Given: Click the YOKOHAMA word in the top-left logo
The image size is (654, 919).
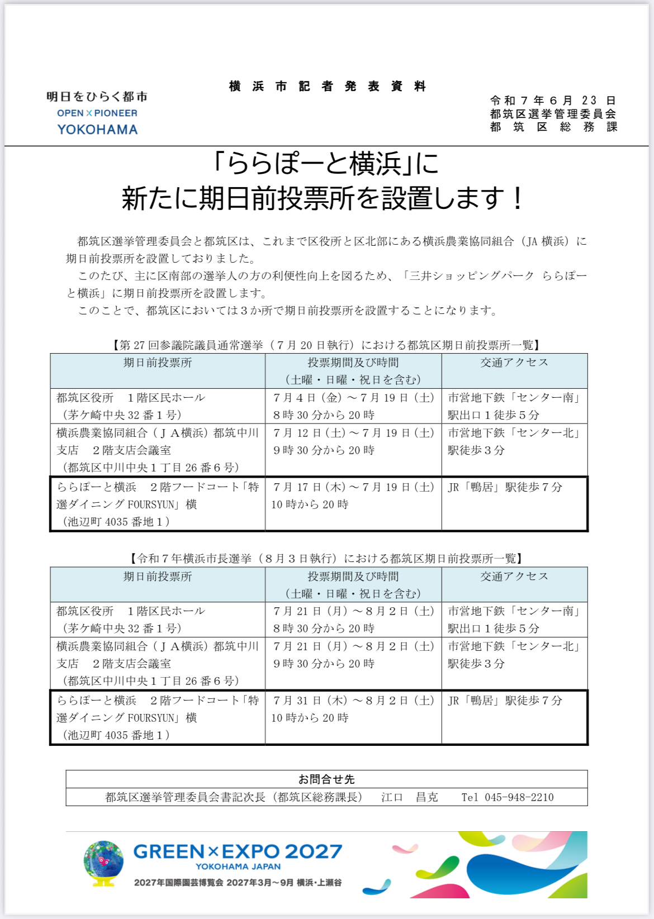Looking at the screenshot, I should [x=97, y=130].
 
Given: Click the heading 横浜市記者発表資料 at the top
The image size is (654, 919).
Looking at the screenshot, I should [x=328, y=87].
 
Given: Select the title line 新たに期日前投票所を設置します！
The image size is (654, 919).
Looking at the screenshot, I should [x=323, y=198].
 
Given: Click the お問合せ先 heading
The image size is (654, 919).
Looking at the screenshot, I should [x=326, y=779].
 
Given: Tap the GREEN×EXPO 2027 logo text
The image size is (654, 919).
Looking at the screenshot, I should [x=238, y=851].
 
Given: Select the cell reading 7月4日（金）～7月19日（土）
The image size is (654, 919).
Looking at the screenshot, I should [x=353, y=398].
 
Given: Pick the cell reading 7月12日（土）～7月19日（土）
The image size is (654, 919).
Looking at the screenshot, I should [x=353, y=433].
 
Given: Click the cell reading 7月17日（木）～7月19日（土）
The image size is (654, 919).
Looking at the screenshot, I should [x=353, y=487].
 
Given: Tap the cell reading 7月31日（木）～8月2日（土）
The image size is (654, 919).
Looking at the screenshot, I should [x=353, y=701].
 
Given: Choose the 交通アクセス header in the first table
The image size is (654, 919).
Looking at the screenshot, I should [x=514, y=363].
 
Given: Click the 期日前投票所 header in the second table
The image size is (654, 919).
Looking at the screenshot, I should [x=158, y=577].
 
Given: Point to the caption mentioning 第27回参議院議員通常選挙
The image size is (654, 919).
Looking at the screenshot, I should [x=326, y=345].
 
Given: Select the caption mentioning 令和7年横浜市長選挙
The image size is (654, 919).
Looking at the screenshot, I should [x=326, y=559].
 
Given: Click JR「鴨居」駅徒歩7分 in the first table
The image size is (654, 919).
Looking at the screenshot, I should [x=505, y=487].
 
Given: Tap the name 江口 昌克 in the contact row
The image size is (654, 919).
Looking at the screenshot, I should [x=410, y=797].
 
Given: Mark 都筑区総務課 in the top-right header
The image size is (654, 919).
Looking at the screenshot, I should [x=553, y=127].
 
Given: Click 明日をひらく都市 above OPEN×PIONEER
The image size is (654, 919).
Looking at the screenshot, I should [x=97, y=97].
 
